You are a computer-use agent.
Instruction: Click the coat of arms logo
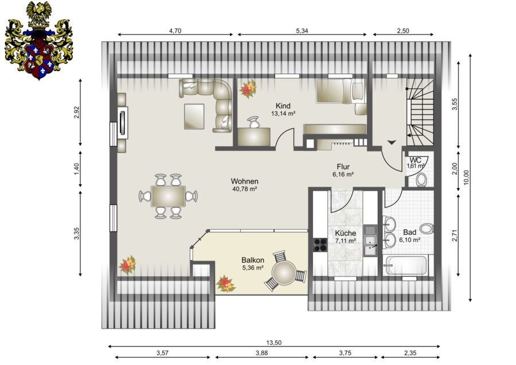click(38, 41)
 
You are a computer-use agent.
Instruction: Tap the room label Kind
click(283, 106)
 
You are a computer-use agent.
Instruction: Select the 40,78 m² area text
click(244, 189)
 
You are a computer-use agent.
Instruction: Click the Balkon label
click(253, 260)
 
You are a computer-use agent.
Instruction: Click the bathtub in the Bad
click(406, 265)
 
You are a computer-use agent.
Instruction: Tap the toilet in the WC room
click(421, 180)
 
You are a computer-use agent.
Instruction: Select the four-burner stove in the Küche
click(320, 244)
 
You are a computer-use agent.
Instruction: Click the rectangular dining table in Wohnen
click(168, 196)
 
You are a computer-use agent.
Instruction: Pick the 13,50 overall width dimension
click(274, 343)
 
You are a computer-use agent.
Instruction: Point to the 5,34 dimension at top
click(302, 31)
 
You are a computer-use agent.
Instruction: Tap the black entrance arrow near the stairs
click(392, 142)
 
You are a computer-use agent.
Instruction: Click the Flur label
click(343, 166)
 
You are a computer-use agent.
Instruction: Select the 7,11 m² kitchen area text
click(345, 241)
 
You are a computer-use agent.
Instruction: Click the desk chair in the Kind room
click(253, 122)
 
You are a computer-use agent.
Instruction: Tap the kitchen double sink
click(370, 241)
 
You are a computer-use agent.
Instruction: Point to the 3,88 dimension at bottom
click(261, 353)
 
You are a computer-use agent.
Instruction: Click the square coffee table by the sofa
click(194, 117)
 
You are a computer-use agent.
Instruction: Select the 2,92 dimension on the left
click(77, 112)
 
